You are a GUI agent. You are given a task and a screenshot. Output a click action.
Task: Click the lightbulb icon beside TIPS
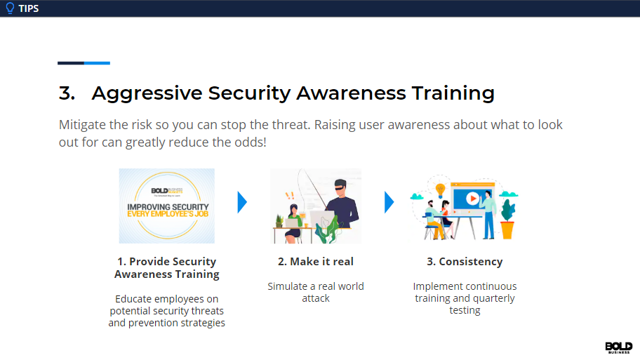[10, 8]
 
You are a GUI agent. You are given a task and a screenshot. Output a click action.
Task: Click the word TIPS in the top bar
[29, 8]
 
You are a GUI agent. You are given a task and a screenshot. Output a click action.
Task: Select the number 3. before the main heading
[67, 93]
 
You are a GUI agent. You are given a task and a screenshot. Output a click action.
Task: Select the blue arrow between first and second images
[242, 202]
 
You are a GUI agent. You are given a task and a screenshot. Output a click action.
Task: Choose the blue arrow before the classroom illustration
[389, 202]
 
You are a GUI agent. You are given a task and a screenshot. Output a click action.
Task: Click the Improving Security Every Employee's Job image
[167, 206]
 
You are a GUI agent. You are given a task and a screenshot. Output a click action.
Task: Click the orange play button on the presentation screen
[473, 199]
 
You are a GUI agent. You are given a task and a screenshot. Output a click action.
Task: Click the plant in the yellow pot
[507, 218]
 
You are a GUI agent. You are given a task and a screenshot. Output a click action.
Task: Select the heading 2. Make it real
[316, 262]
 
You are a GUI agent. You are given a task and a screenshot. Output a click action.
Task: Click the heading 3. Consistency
[465, 262]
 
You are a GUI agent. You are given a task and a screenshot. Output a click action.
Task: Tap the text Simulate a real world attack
[316, 292]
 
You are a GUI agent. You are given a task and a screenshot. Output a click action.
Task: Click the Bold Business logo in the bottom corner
[618, 348]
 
